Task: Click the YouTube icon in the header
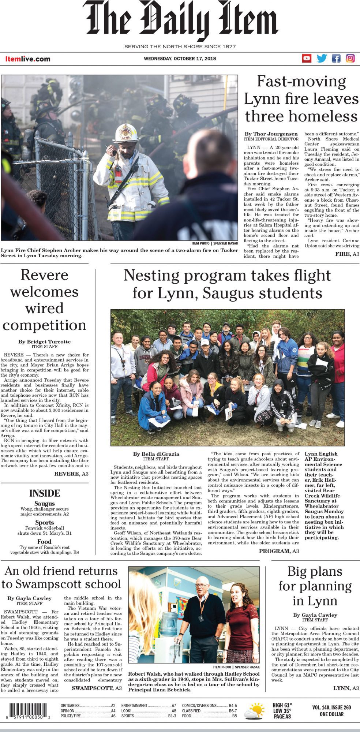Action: pyautogui.click(x=307, y=58)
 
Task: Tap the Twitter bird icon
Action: pyautogui.click(x=322, y=58)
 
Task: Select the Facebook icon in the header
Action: pyautogui.click(x=336, y=58)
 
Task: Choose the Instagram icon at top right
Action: pyautogui.click(x=350, y=58)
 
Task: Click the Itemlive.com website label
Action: pyautogui.click(x=28, y=59)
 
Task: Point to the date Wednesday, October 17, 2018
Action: pyautogui.click(x=180, y=59)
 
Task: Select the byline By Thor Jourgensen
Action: pyautogui.click(x=271, y=134)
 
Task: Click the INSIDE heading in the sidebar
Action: pyautogui.click(x=44, y=493)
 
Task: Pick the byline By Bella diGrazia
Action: pyautogui.click(x=156, y=454)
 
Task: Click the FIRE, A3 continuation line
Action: pyautogui.click(x=347, y=254)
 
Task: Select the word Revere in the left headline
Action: pyautogui.click(x=44, y=275)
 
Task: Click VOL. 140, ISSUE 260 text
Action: pyautogui.click(x=331, y=707)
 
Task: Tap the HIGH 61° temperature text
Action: pyautogui.click(x=282, y=705)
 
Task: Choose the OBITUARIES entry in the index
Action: pyautogui.click(x=70, y=705)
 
